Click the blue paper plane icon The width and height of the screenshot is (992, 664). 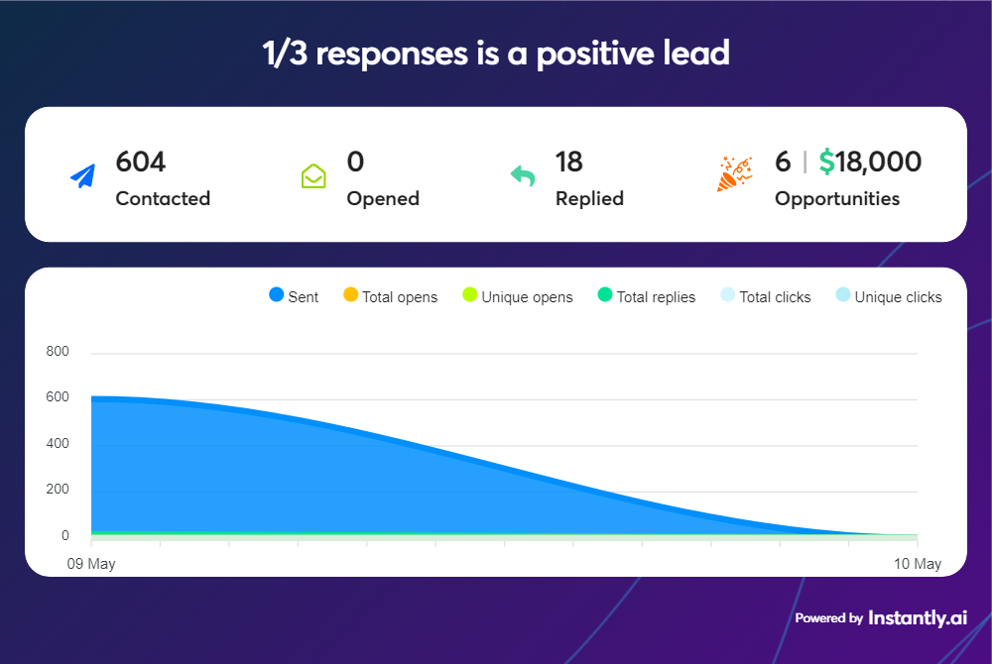pyautogui.click(x=82, y=176)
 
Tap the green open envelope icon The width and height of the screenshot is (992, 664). pyautogui.click(x=313, y=176)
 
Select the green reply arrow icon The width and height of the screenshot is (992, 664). pyautogui.click(x=523, y=176)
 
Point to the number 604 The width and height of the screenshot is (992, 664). pyautogui.click(x=141, y=162)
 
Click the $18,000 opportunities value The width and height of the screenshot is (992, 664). pyautogui.click(x=870, y=162)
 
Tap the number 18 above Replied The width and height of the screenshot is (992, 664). pyautogui.click(x=568, y=162)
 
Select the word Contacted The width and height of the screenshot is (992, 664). pyautogui.click(x=163, y=198)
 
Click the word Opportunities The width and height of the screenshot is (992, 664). pyautogui.click(x=836, y=198)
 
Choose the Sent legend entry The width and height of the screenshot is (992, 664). pyautogui.click(x=294, y=296)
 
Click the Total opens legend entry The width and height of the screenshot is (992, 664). pyautogui.click(x=390, y=296)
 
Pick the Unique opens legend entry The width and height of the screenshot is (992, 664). pyautogui.click(x=518, y=296)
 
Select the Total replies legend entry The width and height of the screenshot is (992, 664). pyautogui.click(x=647, y=296)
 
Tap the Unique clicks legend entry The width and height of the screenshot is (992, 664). pyautogui.click(x=889, y=296)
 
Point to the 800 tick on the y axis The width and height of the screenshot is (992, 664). pyautogui.click(x=58, y=352)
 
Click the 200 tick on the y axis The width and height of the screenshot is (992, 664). pyautogui.click(x=58, y=490)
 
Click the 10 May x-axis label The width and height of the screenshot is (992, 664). pyautogui.click(x=917, y=564)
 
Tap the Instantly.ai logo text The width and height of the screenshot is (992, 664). pyautogui.click(x=917, y=617)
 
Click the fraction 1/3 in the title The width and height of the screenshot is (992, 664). pyautogui.click(x=285, y=54)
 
